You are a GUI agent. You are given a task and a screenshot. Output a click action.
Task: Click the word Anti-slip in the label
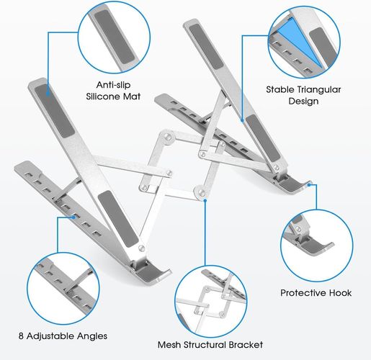[113, 85]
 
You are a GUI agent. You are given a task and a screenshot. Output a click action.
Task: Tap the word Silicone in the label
[103, 96]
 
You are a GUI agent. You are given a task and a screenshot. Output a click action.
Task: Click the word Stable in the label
[280, 89]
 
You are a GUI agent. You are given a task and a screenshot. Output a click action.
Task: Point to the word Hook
[341, 293]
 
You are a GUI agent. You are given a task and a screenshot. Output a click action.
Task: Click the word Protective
[303, 293]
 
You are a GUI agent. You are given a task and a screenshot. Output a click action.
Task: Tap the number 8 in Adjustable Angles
[21, 336]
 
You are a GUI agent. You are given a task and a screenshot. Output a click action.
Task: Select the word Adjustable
[50, 336]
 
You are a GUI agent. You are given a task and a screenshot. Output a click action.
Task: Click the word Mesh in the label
[169, 345]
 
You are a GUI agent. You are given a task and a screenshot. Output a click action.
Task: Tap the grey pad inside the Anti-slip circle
[115, 37]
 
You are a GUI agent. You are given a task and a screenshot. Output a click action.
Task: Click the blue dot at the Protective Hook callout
[309, 185]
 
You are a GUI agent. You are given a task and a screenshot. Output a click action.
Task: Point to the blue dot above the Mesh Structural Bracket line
[205, 200]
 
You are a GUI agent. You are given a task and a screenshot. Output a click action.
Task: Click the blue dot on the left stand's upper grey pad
[48, 93]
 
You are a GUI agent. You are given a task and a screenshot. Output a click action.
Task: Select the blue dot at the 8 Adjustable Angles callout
[73, 217]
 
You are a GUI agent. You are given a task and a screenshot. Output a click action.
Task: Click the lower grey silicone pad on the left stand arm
[118, 219]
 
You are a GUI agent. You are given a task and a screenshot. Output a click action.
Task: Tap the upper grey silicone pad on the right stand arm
[206, 47]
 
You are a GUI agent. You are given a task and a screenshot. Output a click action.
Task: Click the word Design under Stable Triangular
[303, 101]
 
